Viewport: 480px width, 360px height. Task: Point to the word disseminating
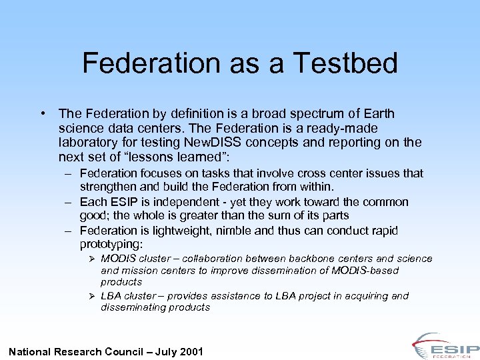pyautogui.click(x=133, y=307)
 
